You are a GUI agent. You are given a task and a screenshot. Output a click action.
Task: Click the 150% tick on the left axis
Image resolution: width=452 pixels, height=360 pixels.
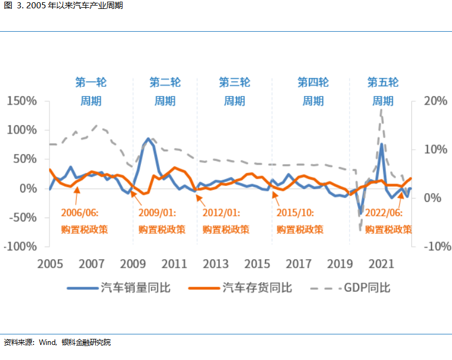pyautogui.click(x=22, y=101)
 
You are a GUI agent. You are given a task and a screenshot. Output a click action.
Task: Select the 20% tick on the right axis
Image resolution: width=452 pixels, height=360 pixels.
pyautogui.click(x=435, y=101)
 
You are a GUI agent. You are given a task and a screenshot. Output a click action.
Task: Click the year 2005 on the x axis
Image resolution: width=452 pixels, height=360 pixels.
pyautogui.click(x=50, y=264)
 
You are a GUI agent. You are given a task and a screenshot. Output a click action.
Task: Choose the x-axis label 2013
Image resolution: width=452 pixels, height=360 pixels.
pyautogui.click(x=215, y=264)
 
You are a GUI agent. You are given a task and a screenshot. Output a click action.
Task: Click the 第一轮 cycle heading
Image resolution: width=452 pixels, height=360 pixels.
pyautogui.click(x=91, y=83)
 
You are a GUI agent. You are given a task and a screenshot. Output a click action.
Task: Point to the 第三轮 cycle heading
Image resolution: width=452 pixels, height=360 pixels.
pyautogui.click(x=234, y=83)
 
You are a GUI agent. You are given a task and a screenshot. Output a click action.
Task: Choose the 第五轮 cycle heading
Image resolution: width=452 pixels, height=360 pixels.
pyautogui.click(x=383, y=83)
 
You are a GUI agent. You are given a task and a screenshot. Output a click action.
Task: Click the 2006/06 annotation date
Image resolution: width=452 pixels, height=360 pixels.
pyautogui.click(x=80, y=212)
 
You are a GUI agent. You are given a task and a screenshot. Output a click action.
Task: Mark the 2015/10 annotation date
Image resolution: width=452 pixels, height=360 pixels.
pyautogui.click(x=295, y=212)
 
